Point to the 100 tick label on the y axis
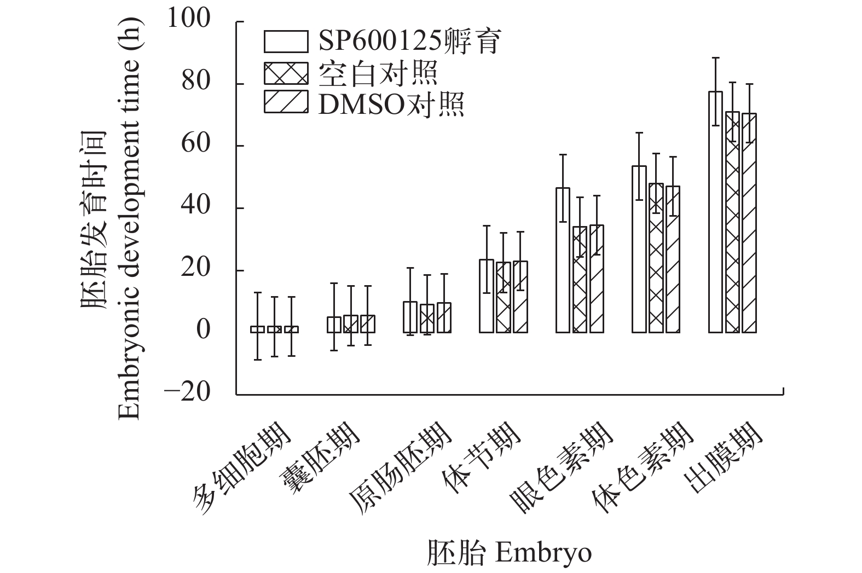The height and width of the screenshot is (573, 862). pyautogui.click(x=189, y=20)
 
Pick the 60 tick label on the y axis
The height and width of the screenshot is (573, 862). pyautogui.click(x=196, y=144)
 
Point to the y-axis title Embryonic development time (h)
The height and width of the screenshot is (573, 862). pyautogui.click(x=129, y=219)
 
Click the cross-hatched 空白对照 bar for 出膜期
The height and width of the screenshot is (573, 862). pyautogui.click(x=732, y=222)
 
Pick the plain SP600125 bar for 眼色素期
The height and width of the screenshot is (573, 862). pyautogui.click(x=563, y=260)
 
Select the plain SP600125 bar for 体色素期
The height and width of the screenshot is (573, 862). pyautogui.click(x=639, y=249)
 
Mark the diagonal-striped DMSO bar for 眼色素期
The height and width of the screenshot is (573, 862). pyautogui.click(x=597, y=279)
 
